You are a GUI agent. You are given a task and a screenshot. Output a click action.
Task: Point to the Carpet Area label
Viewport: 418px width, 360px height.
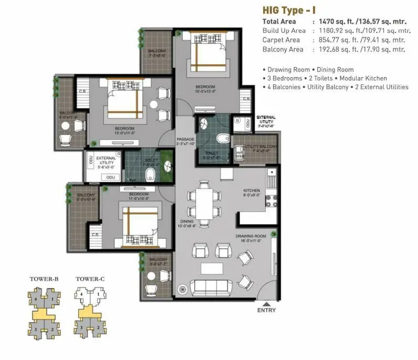point(281,40)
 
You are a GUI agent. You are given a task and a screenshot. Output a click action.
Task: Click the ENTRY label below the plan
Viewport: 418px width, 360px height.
point(267,310)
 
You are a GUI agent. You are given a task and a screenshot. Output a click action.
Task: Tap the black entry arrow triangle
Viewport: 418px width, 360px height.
point(267,304)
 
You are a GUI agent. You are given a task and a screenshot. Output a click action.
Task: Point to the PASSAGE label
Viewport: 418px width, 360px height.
point(185,140)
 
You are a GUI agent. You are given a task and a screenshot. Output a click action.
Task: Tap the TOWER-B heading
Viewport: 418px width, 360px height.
point(44,279)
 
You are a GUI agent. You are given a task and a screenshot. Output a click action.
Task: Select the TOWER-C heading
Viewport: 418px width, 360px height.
point(90,279)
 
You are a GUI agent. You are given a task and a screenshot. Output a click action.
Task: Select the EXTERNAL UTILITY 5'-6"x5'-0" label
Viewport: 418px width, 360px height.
point(106,161)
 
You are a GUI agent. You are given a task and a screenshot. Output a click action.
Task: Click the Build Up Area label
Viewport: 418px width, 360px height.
point(284,31)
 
